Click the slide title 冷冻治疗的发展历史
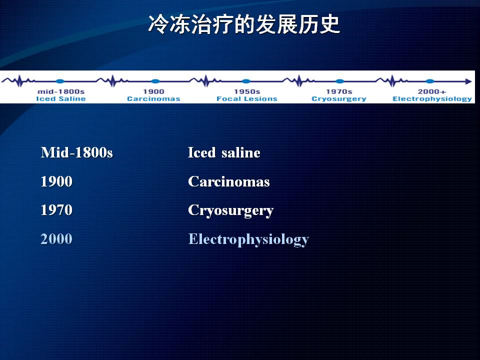(x=244, y=24)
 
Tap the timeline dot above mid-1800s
(x=60, y=81)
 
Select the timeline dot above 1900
(x=155, y=81)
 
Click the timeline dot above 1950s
(x=246, y=81)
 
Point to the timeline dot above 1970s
(x=340, y=81)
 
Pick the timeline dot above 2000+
(x=430, y=81)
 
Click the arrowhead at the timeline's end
(x=468, y=81)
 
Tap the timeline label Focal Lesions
(x=246, y=98)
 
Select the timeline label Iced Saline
(x=61, y=98)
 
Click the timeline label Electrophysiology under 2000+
(x=432, y=99)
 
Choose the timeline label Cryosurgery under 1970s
(x=339, y=99)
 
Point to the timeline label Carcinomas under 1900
(x=153, y=98)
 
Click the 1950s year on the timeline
(x=247, y=91)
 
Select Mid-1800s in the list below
(x=77, y=152)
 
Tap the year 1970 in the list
(x=56, y=210)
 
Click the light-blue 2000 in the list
(x=56, y=239)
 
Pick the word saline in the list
(x=241, y=152)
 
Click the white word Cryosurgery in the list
(x=231, y=211)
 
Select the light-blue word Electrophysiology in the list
(x=248, y=239)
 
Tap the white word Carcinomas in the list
(x=229, y=181)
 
